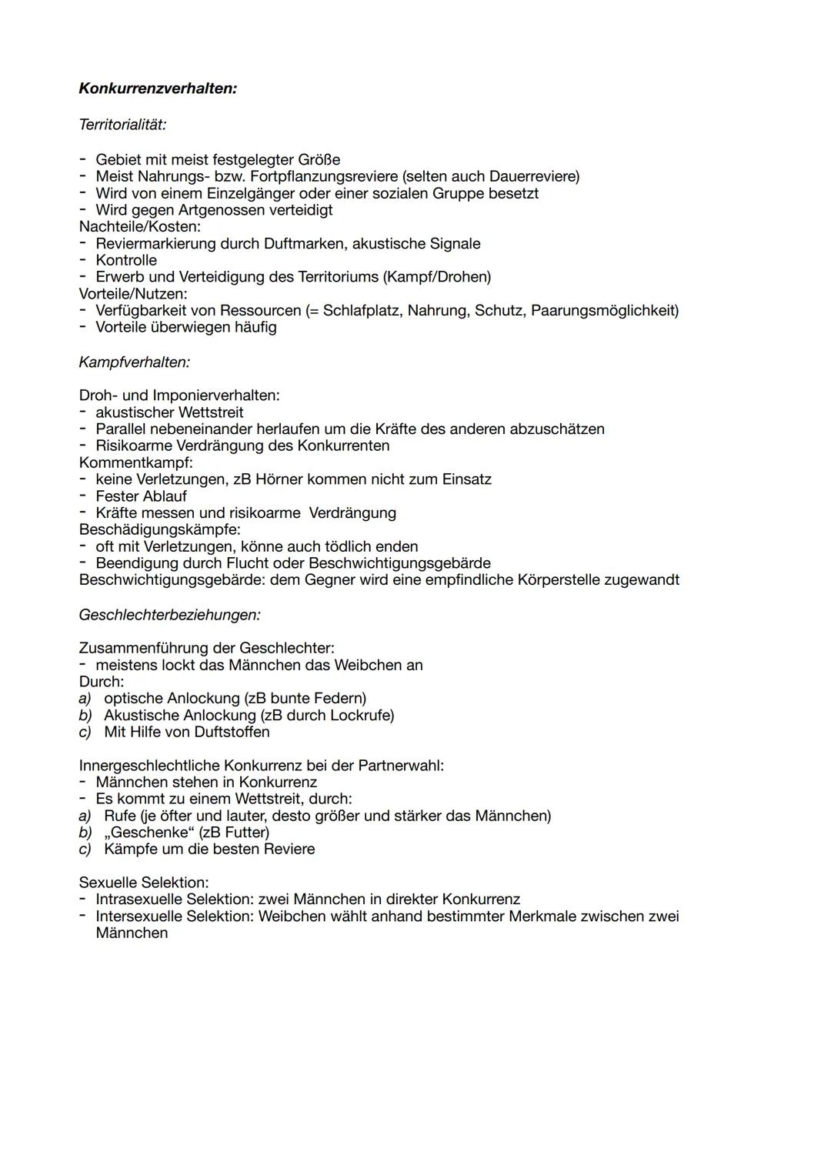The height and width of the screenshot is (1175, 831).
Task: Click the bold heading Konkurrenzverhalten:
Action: [x=158, y=88]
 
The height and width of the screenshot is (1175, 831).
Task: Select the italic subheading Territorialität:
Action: [x=122, y=124]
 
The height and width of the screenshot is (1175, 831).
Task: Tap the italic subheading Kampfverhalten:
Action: [x=134, y=362]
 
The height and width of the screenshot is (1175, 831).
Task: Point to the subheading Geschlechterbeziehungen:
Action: [x=169, y=615]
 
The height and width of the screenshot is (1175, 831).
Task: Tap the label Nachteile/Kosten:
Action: [x=139, y=227]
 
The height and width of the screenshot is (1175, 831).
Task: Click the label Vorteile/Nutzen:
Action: [x=133, y=294]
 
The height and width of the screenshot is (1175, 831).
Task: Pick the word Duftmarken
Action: [x=303, y=244]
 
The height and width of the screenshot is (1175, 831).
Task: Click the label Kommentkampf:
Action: [x=135, y=462]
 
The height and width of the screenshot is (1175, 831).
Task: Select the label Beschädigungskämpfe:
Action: [x=159, y=529]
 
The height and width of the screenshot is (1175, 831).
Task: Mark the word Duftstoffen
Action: [x=232, y=732]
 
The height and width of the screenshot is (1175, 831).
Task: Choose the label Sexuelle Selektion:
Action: [x=143, y=883]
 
